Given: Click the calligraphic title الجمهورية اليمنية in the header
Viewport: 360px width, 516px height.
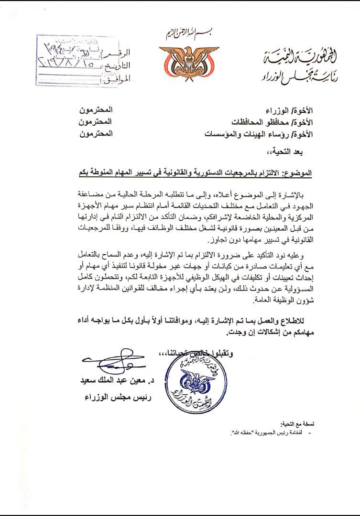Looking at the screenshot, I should (x=303, y=58).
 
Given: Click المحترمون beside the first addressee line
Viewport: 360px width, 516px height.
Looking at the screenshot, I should (x=96, y=110).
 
